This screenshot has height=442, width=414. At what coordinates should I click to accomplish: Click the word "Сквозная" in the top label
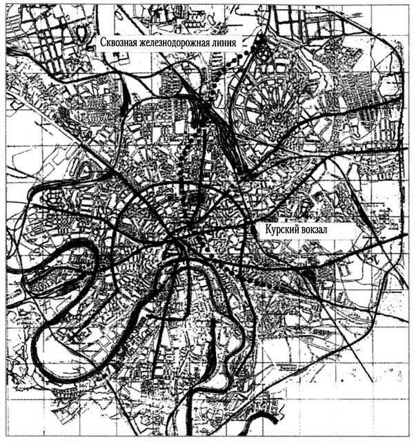point(118,41)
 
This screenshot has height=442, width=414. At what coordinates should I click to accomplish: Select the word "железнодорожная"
point(181,41)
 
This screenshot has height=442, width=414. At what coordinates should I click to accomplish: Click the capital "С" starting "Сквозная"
point(100,41)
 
